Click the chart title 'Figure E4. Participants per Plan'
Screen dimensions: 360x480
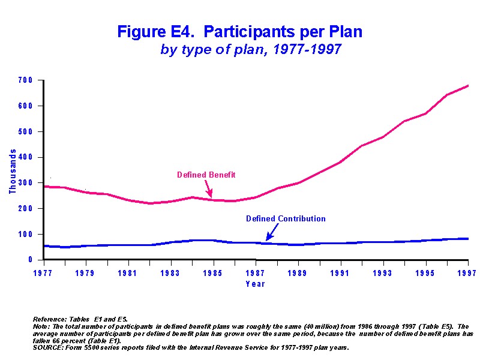[239, 32]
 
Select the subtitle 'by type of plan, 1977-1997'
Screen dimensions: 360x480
[251, 50]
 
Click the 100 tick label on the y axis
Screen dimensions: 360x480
[28, 235]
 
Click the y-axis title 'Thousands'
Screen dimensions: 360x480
[13, 172]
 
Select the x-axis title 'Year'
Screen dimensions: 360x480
[255, 284]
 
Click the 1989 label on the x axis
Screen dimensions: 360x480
[298, 274]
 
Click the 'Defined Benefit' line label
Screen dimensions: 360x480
[206, 175]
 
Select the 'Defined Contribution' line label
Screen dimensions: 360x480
[286, 219]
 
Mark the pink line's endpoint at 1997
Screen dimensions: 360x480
[468, 86]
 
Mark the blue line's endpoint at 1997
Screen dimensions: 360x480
[468, 239]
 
